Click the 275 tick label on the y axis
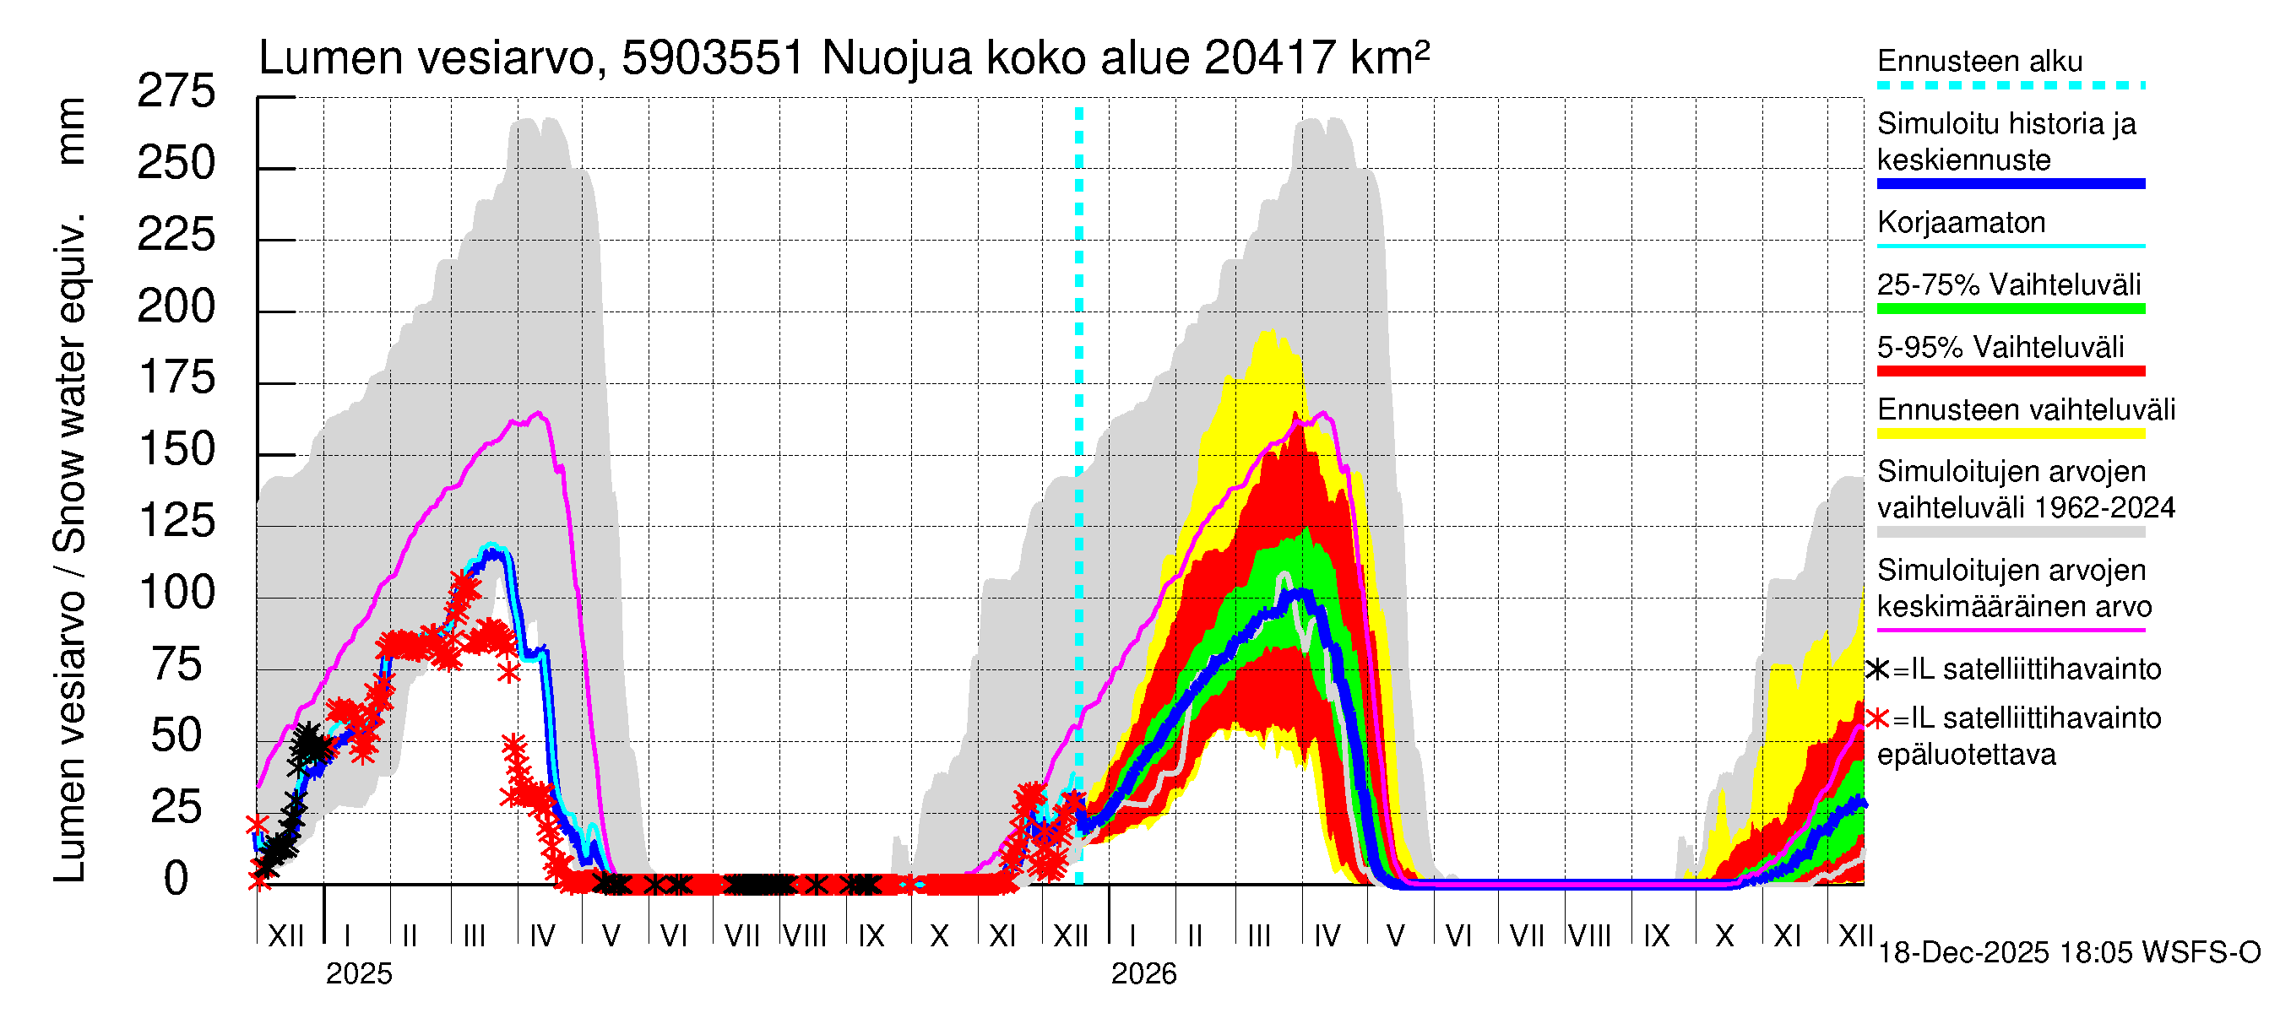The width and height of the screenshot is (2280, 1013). tap(176, 92)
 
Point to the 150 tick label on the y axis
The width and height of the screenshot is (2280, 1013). tap(176, 450)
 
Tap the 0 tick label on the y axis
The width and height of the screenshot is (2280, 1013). tap(176, 880)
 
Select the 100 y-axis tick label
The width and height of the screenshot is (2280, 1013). tap(176, 593)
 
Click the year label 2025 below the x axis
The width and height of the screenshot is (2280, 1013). tap(358, 974)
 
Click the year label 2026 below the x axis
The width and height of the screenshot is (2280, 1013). tap(1143, 974)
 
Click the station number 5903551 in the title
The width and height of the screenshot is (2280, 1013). tap(713, 58)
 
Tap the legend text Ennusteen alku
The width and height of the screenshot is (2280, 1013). tap(1979, 61)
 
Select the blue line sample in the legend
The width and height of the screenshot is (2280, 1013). tap(2010, 184)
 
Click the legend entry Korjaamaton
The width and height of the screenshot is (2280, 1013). tap(1961, 222)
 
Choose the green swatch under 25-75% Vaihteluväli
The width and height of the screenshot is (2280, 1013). tap(2010, 309)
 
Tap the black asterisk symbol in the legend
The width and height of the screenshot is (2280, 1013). tap(1877, 669)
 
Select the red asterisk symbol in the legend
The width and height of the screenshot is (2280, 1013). tap(1877, 718)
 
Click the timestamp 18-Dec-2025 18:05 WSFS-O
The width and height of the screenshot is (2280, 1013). tap(2068, 953)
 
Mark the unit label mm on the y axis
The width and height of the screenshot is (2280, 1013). tap(71, 131)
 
